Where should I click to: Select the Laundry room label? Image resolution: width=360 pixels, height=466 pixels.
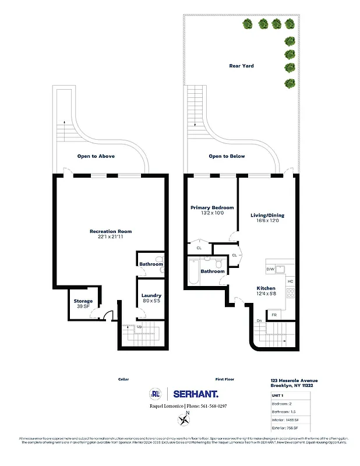pos(151,295)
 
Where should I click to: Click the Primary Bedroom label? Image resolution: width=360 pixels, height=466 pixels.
pos(212,208)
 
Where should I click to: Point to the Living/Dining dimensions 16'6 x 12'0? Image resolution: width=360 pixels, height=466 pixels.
pos(267,220)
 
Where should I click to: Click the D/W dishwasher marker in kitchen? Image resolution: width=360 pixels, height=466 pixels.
pos(270,269)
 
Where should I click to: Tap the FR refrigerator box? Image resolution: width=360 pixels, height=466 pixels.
pos(274,315)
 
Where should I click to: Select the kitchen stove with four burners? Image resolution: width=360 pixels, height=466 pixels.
pos(290,293)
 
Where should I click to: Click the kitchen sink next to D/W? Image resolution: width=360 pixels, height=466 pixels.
pos(280,269)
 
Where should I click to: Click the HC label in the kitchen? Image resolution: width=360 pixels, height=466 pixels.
pos(290,282)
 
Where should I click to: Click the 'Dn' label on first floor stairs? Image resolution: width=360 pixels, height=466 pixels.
pos(259,320)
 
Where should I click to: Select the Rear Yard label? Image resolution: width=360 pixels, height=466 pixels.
pos(241,66)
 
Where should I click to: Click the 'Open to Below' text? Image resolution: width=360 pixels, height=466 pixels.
pos(227,156)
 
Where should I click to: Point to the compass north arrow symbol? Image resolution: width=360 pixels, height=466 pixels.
pos(185,418)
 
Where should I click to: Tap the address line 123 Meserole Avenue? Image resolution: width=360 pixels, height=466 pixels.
pos(294,380)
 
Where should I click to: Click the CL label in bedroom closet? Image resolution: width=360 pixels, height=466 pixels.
pos(199,248)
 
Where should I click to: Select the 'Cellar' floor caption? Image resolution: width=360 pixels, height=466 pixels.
pos(123,379)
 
